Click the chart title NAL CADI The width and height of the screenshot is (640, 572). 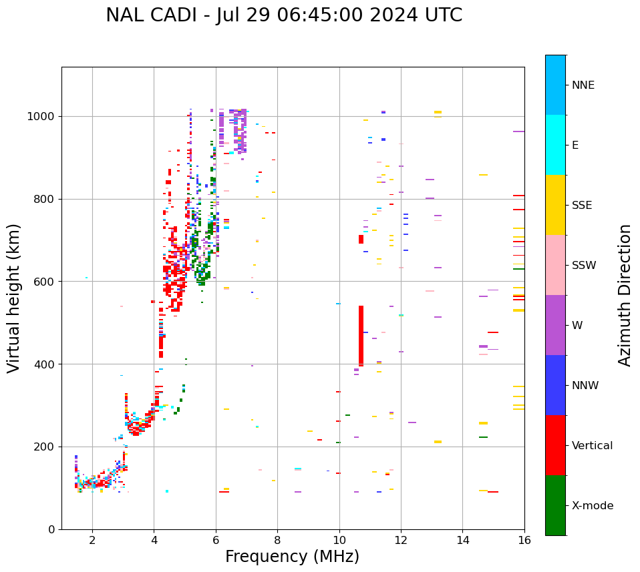click(283, 15)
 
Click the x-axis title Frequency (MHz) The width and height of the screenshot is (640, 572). click(292, 557)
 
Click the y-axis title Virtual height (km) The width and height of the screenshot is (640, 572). click(14, 298)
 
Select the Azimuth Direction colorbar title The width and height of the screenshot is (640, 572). click(625, 295)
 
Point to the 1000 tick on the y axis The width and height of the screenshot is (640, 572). click(43, 117)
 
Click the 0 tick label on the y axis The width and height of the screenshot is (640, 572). click(51, 529)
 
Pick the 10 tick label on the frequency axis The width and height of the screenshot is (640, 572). click(339, 540)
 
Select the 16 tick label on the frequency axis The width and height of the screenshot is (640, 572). click(524, 540)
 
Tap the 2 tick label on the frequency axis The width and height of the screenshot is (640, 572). click(92, 540)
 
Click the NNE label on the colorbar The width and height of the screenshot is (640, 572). click(583, 85)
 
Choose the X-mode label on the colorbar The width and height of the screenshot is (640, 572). click(592, 506)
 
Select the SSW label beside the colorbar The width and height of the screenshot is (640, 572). click(584, 266)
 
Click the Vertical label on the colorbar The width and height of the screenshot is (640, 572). click(592, 446)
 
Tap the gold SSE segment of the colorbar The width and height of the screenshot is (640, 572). click(555, 205)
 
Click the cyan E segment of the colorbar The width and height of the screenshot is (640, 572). click(555, 145)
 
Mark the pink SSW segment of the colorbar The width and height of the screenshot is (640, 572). click(555, 265)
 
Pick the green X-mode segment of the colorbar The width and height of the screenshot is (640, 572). click(555, 505)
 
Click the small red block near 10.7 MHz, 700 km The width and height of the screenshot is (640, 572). click(361, 239)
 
